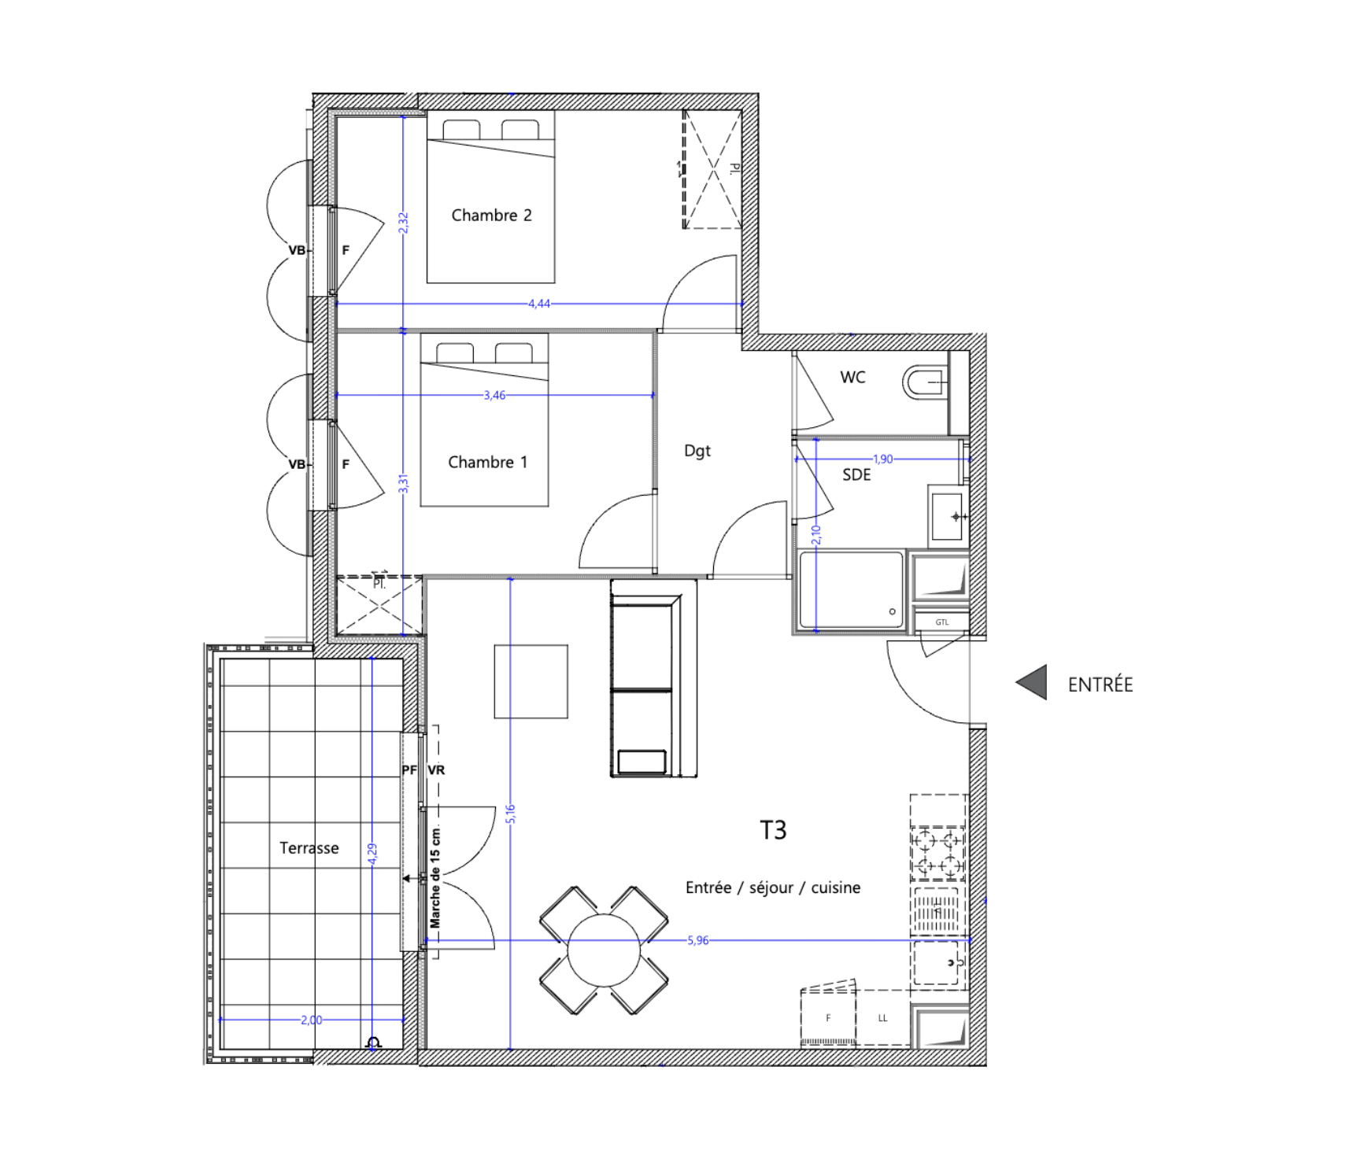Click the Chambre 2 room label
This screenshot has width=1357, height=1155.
[491, 216]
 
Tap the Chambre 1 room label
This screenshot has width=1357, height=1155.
[487, 463]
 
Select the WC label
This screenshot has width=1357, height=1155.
[852, 378]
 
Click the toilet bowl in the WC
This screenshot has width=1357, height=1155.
[925, 383]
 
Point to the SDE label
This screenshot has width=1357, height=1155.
[856, 475]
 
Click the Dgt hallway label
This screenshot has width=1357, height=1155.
[697, 451]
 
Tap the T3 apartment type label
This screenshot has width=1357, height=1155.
[773, 830]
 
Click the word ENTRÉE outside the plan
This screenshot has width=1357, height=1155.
[1100, 685]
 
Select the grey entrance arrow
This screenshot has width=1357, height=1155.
[1031, 682]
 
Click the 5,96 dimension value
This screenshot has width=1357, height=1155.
[698, 940]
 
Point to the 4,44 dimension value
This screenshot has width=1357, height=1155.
[539, 304]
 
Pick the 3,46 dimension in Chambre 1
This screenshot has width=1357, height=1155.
[494, 396]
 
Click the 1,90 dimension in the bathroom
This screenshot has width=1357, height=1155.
[883, 459]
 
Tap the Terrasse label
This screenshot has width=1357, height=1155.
[309, 848]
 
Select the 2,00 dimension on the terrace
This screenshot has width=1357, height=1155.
[312, 1020]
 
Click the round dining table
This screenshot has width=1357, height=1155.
[604, 950]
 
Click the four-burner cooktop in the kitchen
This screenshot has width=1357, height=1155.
[938, 853]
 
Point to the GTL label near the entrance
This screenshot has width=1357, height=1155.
[942, 622]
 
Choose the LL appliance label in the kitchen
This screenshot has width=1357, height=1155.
[882, 1018]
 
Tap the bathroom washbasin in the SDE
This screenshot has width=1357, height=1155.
[948, 516]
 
